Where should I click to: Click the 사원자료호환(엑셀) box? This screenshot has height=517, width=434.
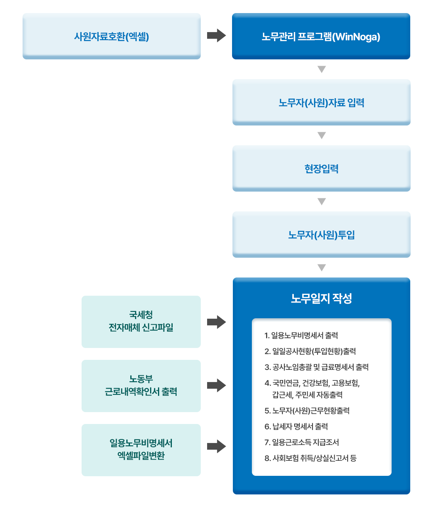pyautogui.click(x=112, y=36)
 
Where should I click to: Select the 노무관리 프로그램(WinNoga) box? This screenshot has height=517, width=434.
pyautogui.click(x=321, y=36)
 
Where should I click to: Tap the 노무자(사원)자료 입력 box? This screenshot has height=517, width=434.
pyautogui.click(x=321, y=103)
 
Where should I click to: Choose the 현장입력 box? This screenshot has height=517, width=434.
pyautogui.click(x=321, y=169)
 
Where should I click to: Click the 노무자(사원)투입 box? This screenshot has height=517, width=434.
pyautogui.click(x=321, y=235)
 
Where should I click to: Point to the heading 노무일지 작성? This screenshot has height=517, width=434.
pyautogui.click(x=321, y=298)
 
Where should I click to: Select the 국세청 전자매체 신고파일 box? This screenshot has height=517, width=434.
pyautogui.click(x=141, y=321)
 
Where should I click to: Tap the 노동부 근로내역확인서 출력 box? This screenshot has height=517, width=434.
pyautogui.click(x=141, y=386)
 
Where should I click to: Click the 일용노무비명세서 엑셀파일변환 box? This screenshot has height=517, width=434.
pyautogui.click(x=141, y=450)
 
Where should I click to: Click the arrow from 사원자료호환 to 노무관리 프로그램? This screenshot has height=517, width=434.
pyautogui.click(x=216, y=36)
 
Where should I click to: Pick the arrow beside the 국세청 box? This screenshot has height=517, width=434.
pyautogui.click(x=216, y=322)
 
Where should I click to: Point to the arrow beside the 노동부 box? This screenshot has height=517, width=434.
pyautogui.click(x=216, y=385)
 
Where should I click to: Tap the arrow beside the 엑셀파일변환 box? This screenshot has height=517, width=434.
pyautogui.click(x=216, y=447)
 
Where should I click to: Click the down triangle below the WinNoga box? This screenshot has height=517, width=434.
pyautogui.click(x=322, y=70)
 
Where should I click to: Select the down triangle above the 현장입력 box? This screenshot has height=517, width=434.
pyautogui.click(x=322, y=136)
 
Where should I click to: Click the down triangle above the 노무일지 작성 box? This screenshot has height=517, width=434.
pyautogui.click(x=322, y=268)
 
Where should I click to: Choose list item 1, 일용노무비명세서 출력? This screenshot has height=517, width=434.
pyautogui.click(x=301, y=335)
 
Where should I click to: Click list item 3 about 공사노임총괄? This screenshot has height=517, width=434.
pyautogui.click(x=316, y=367)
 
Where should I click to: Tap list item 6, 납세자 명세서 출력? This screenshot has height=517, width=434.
pyautogui.click(x=296, y=426)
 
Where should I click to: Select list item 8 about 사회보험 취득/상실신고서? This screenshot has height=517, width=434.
pyautogui.click(x=310, y=458)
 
